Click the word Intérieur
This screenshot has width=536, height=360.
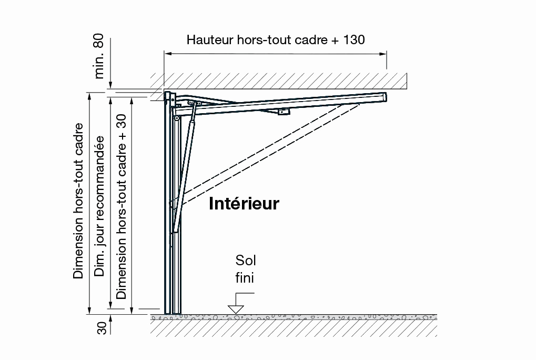[x=244, y=203]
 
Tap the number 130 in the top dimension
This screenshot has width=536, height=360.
[x=354, y=39]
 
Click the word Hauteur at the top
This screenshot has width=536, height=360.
[x=210, y=39]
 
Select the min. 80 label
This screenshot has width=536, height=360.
[x=99, y=56]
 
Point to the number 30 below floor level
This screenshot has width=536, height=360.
[x=102, y=328]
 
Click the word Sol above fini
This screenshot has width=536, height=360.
[x=246, y=261]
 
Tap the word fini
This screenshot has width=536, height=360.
[x=245, y=277]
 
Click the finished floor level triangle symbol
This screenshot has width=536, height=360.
[x=236, y=309]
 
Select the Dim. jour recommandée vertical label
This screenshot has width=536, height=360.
[x=99, y=206]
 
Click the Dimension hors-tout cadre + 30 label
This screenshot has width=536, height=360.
[x=121, y=206]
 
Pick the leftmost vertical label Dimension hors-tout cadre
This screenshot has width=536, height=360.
[x=78, y=201]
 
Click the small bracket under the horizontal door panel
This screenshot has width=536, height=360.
[x=284, y=112]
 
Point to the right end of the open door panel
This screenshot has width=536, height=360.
[x=385, y=97]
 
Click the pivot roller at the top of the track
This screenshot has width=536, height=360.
[x=177, y=118]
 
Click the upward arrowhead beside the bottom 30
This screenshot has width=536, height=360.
[x=110, y=318]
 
